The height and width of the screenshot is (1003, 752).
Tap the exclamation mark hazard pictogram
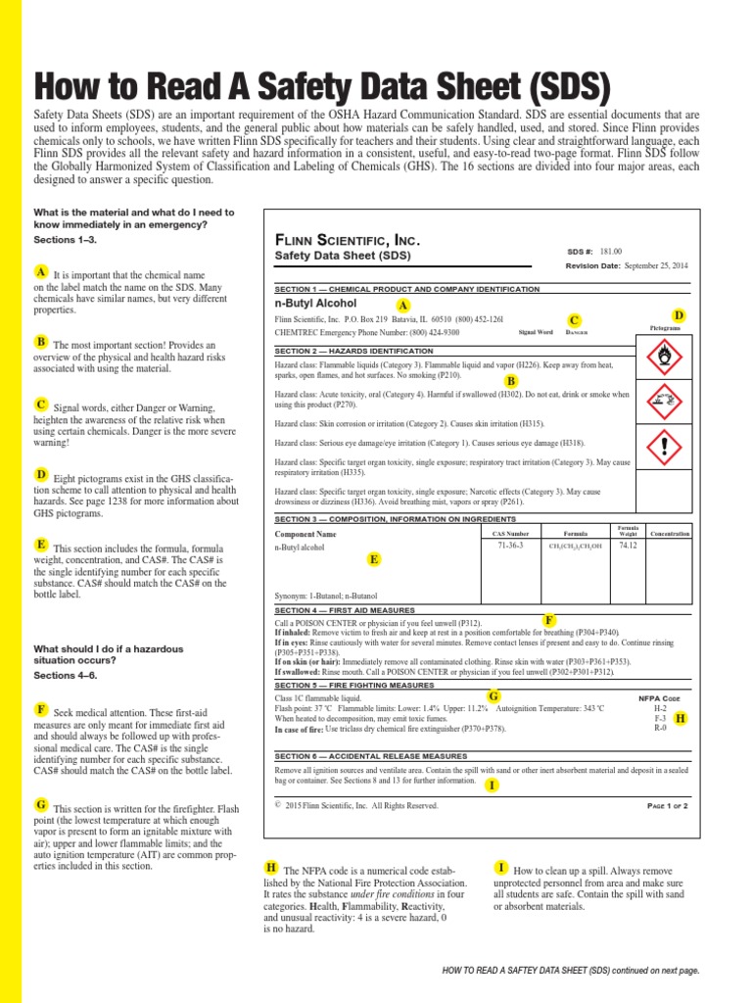[665, 448]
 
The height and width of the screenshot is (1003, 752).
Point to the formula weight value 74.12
[628, 546]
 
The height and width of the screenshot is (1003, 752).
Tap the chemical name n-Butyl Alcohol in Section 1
[315, 305]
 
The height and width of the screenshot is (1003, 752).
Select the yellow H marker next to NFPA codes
[681, 718]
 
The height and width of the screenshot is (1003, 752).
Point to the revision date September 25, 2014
[655, 265]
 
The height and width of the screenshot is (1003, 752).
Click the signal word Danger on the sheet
[580, 333]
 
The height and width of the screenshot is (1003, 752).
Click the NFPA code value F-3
[660, 718]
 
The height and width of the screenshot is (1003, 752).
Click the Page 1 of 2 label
[668, 805]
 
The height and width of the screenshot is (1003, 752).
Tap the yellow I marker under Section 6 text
[491, 786]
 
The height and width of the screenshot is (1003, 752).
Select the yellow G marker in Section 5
[493, 695]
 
